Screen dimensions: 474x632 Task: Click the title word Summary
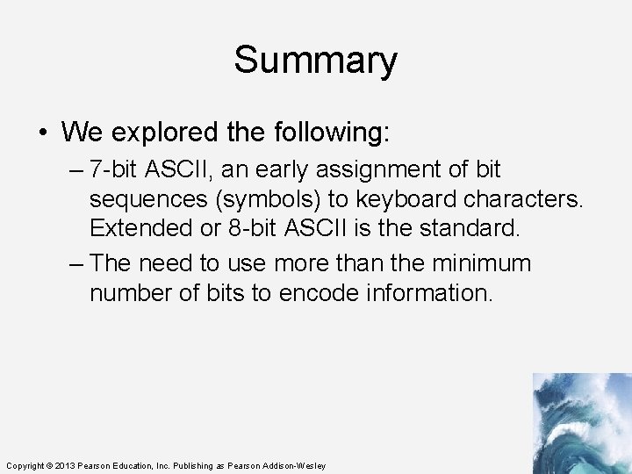pyautogui.click(x=315, y=61)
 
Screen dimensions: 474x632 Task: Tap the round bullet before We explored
pyautogui.click(x=43, y=133)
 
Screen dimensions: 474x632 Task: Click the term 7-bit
pyautogui.click(x=118, y=169)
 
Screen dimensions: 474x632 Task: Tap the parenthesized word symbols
pyautogui.click(x=273, y=199)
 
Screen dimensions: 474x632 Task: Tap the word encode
pyautogui.click(x=316, y=292)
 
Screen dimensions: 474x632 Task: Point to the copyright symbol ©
pyautogui.click(x=50, y=465)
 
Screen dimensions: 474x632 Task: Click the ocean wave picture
pyautogui.click(x=581, y=423)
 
